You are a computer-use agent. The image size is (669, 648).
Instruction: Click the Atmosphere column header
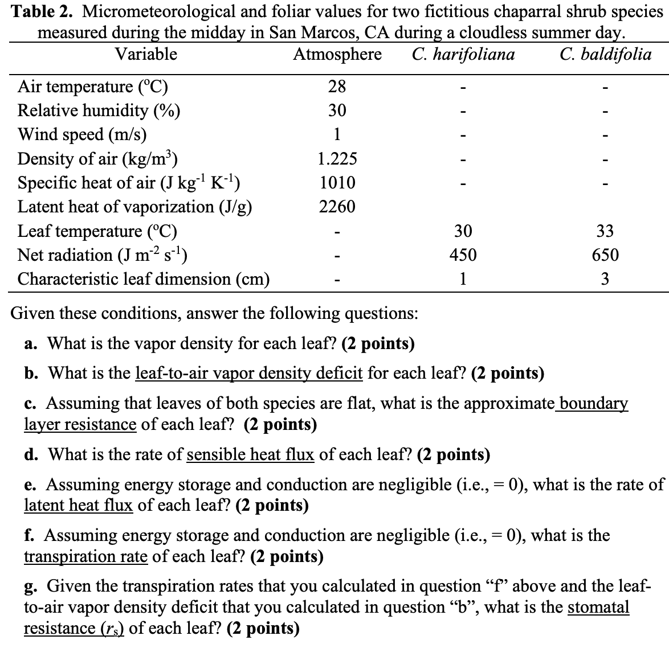click(337, 55)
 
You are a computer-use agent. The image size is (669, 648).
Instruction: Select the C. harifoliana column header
click(462, 55)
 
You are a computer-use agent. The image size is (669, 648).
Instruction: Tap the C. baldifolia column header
click(605, 55)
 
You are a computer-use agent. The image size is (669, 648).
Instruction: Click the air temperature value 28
click(337, 87)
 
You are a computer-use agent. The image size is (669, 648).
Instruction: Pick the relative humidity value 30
click(337, 110)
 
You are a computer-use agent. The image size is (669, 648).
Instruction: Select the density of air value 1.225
click(337, 159)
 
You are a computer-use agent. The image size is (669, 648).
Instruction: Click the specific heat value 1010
click(337, 183)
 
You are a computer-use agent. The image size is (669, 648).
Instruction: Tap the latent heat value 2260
click(337, 207)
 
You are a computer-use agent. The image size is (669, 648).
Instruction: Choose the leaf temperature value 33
click(605, 231)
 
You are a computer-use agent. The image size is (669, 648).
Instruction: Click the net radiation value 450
click(463, 255)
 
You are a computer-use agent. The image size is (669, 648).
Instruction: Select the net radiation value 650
click(605, 255)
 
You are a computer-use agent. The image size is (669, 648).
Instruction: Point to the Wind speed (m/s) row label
click(82, 134)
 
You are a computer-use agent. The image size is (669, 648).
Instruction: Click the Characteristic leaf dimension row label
click(144, 279)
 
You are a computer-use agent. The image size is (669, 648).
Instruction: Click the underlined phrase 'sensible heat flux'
click(250, 454)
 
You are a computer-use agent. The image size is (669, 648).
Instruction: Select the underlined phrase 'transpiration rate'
click(85, 556)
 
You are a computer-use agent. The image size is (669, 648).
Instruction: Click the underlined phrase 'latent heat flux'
click(78, 505)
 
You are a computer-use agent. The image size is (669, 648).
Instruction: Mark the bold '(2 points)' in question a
click(378, 343)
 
